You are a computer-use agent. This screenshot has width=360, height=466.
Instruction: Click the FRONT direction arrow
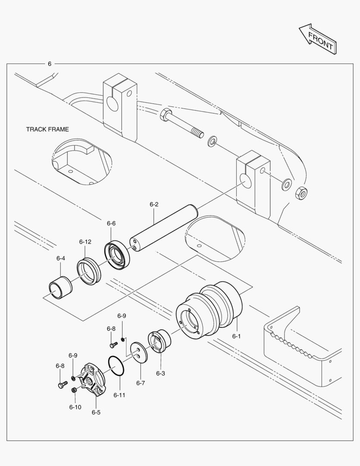coord(318,39)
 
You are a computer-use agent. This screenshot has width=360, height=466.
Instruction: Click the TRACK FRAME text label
coord(47,129)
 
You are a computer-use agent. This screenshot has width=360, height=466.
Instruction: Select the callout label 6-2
coord(154,204)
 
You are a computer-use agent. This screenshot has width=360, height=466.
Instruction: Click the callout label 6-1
coord(236,336)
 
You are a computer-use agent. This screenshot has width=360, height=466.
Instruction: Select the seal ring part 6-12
coord(89,271)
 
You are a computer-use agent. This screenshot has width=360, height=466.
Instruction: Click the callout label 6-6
coord(111,223)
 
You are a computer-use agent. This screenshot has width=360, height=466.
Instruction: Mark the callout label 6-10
coord(75,407)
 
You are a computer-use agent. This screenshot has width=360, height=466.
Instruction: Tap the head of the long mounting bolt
coord(166,116)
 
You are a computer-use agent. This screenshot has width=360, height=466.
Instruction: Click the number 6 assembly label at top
coord(50,63)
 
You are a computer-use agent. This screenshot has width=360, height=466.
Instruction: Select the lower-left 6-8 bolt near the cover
coord(62,384)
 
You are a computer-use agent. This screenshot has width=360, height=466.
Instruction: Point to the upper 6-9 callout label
coord(122,316)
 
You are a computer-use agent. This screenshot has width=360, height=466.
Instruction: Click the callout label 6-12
coord(85,242)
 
